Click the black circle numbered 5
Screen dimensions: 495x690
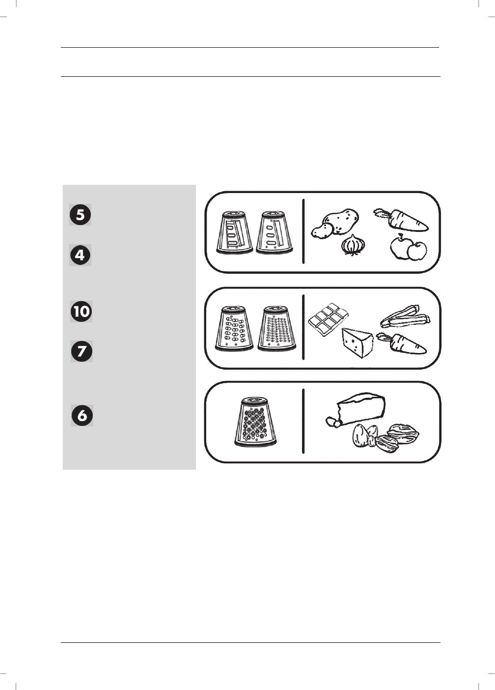tap(80, 215)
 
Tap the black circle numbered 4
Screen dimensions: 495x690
tap(80, 255)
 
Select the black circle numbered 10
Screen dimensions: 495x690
tap(81, 311)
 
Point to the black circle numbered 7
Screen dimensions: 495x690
tap(82, 351)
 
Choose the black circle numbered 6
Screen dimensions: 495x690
tap(82, 416)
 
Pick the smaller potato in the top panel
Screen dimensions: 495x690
tap(322, 231)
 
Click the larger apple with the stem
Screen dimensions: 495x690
tap(401, 248)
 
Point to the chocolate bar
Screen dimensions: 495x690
tap(328, 319)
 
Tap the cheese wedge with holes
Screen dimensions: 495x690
tap(358, 342)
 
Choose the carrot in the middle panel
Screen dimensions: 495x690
tap(402, 344)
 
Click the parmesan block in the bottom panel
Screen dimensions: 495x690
tap(356, 409)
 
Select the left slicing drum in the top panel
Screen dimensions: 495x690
tap(234, 232)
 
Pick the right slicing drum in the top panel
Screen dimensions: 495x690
tap(274, 232)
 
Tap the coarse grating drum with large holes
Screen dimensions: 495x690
tap(234, 328)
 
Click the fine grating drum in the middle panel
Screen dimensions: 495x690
tap(277, 328)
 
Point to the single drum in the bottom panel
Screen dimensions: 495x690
tap(255, 422)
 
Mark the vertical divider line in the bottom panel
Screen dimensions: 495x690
tap(303, 421)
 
